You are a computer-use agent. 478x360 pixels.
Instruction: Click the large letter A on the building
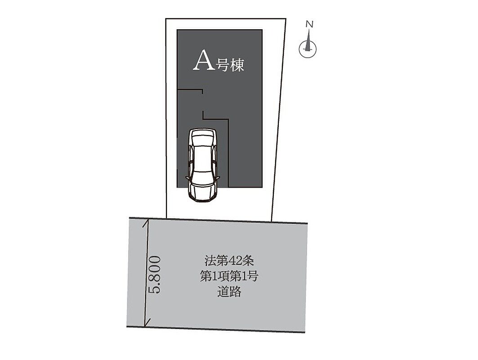(x=204, y=61)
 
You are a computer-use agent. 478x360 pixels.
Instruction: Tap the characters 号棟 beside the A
(x=230, y=65)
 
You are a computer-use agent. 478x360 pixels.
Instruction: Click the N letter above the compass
(x=309, y=24)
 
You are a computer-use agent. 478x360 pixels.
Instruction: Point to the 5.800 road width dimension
(x=154, y=274)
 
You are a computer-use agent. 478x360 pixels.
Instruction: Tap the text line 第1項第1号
(x=229, y=276)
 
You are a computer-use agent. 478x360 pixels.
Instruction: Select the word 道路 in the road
(x=229, y=292)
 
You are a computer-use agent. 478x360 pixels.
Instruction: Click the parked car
(x=202, y=165)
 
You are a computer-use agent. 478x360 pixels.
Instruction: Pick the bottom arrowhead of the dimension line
(x=147, y=324)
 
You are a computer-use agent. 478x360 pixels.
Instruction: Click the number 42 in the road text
(x=236, y=261)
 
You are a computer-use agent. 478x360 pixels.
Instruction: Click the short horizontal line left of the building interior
(x=190, y=90)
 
